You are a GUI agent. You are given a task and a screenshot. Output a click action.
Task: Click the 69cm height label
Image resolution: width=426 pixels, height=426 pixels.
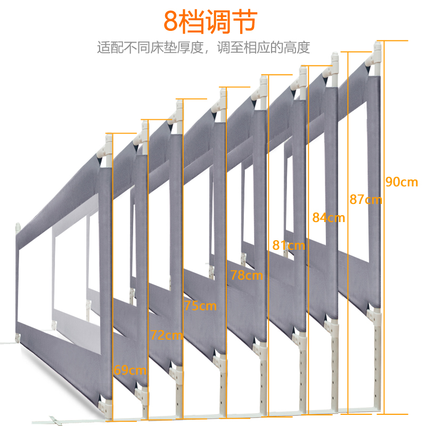tap(130, 370)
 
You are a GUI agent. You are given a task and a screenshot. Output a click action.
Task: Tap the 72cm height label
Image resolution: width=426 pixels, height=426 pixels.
tap(166, 335)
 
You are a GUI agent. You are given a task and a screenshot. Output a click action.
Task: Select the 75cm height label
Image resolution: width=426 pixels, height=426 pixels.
tap(200, 306)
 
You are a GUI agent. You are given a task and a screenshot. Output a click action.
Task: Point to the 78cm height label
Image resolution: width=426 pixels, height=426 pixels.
tap(247, 275)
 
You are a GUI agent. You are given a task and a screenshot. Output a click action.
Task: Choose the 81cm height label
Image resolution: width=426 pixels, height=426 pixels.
tap(289, 245)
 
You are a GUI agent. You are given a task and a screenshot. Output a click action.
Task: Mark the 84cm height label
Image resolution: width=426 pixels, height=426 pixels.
tap(329, 217)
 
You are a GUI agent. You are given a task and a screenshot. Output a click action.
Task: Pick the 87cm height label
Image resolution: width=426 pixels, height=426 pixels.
tap(366, 200)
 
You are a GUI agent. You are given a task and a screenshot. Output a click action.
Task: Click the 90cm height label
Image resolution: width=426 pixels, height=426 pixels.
tap(402, 182)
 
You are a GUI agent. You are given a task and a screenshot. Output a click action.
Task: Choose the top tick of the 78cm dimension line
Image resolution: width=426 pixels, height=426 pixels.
tap(234, 87)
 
